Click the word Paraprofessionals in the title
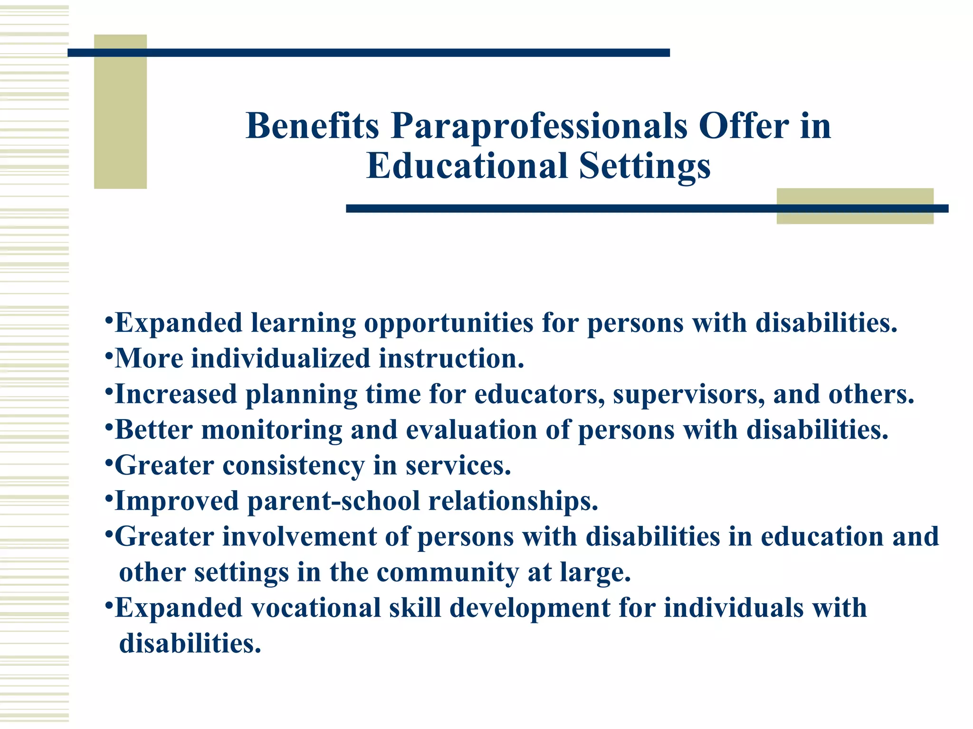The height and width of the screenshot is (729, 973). pos(539,127)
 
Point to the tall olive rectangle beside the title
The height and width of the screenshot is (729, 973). pos(120,112)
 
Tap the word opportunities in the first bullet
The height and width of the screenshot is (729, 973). pos(448,324)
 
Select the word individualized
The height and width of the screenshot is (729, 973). pos(280,359)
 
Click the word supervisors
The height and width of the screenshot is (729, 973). pos(688,394)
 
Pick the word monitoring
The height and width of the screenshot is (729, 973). pos(271,430)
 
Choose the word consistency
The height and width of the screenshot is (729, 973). pos(293,466)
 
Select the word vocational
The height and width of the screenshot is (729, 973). pos(315,608)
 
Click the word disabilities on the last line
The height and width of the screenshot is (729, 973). pos(190,644)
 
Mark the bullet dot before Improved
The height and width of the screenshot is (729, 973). pos(109,498)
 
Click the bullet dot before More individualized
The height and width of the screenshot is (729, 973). pos(109,355)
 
